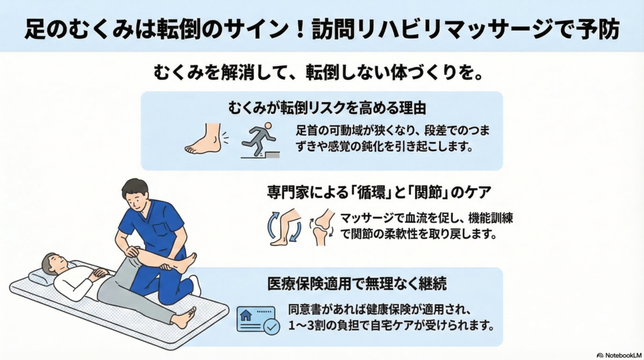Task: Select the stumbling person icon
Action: (260, 140)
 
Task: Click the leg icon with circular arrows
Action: (284, 227)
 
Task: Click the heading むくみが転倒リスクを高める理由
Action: (327, 108)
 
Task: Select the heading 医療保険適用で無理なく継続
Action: (357, 284)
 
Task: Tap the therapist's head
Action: (136, 194)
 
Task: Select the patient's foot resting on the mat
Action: (184, 318)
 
